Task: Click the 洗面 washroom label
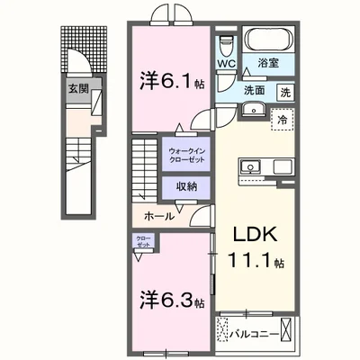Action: (x=255, y=90)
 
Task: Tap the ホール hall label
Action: (x=159, y=217)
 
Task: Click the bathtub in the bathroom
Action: (x=267, y=41)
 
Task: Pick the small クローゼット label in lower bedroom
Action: (x=144, y=242)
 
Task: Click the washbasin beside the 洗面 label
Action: (x=252, y=112)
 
